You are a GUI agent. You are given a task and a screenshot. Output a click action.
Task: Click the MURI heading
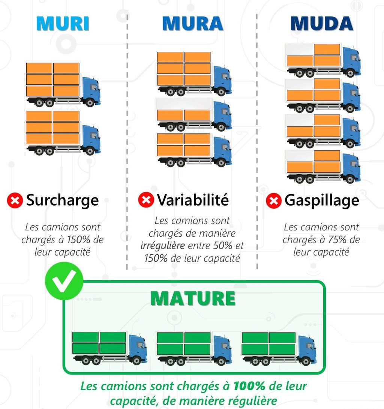point(63,23)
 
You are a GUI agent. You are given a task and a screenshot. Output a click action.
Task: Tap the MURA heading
point(192,23)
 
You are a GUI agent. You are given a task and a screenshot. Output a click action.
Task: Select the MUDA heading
point(322,23)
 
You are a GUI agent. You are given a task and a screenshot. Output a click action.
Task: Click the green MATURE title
point(193,299)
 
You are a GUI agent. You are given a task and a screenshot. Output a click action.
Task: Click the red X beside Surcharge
point(15,201)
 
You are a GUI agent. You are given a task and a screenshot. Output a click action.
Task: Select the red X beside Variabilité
point(146,200)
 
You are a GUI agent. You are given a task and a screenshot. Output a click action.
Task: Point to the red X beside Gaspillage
point(274,201)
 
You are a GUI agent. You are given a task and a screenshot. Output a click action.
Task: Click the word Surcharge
point(62,200)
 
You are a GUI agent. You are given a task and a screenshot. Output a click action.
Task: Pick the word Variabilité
point(193,200)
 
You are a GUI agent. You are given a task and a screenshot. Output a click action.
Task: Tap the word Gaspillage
point(322,200)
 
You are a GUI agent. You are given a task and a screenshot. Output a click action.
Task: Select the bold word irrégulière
point(162,246)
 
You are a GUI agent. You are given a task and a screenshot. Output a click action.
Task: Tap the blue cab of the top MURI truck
point(91,91)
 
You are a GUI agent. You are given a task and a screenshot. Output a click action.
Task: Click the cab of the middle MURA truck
point(223,115)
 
